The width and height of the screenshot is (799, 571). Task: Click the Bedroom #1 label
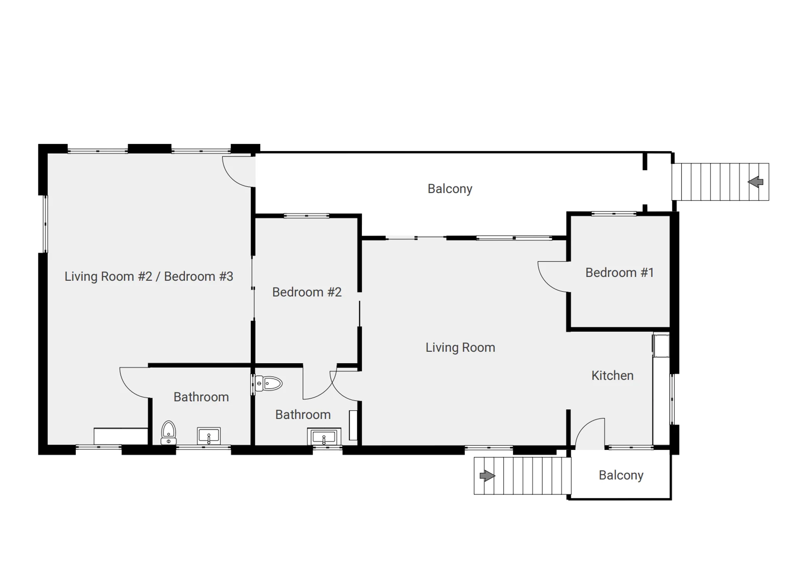click(x=619, y=273)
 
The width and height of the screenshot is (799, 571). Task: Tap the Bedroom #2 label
click(x=307, y=292)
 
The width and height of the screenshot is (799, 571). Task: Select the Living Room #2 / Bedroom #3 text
click(x=149, y=276)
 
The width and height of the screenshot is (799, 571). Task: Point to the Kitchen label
click(x=612, y=375)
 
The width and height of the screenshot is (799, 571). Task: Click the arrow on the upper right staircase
click(x=755, y=182)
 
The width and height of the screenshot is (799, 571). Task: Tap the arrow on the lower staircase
click(x=487, y=476)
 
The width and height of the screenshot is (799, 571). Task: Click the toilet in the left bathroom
click(x=168, y=433)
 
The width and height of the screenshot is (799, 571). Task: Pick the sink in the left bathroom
click(x=209, y=436)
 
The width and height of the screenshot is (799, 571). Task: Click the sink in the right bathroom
click(x=324, y=437)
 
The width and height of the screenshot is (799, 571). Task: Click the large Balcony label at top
click(x=450, y=189)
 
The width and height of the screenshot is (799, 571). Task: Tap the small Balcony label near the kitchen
click(x=621, y=475)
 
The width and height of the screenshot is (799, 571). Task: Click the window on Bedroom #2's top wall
click(x=306, y=216)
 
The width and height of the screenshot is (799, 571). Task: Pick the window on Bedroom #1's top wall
click(x=614, y=214)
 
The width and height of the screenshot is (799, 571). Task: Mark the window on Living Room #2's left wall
click(x=45, y=224)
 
